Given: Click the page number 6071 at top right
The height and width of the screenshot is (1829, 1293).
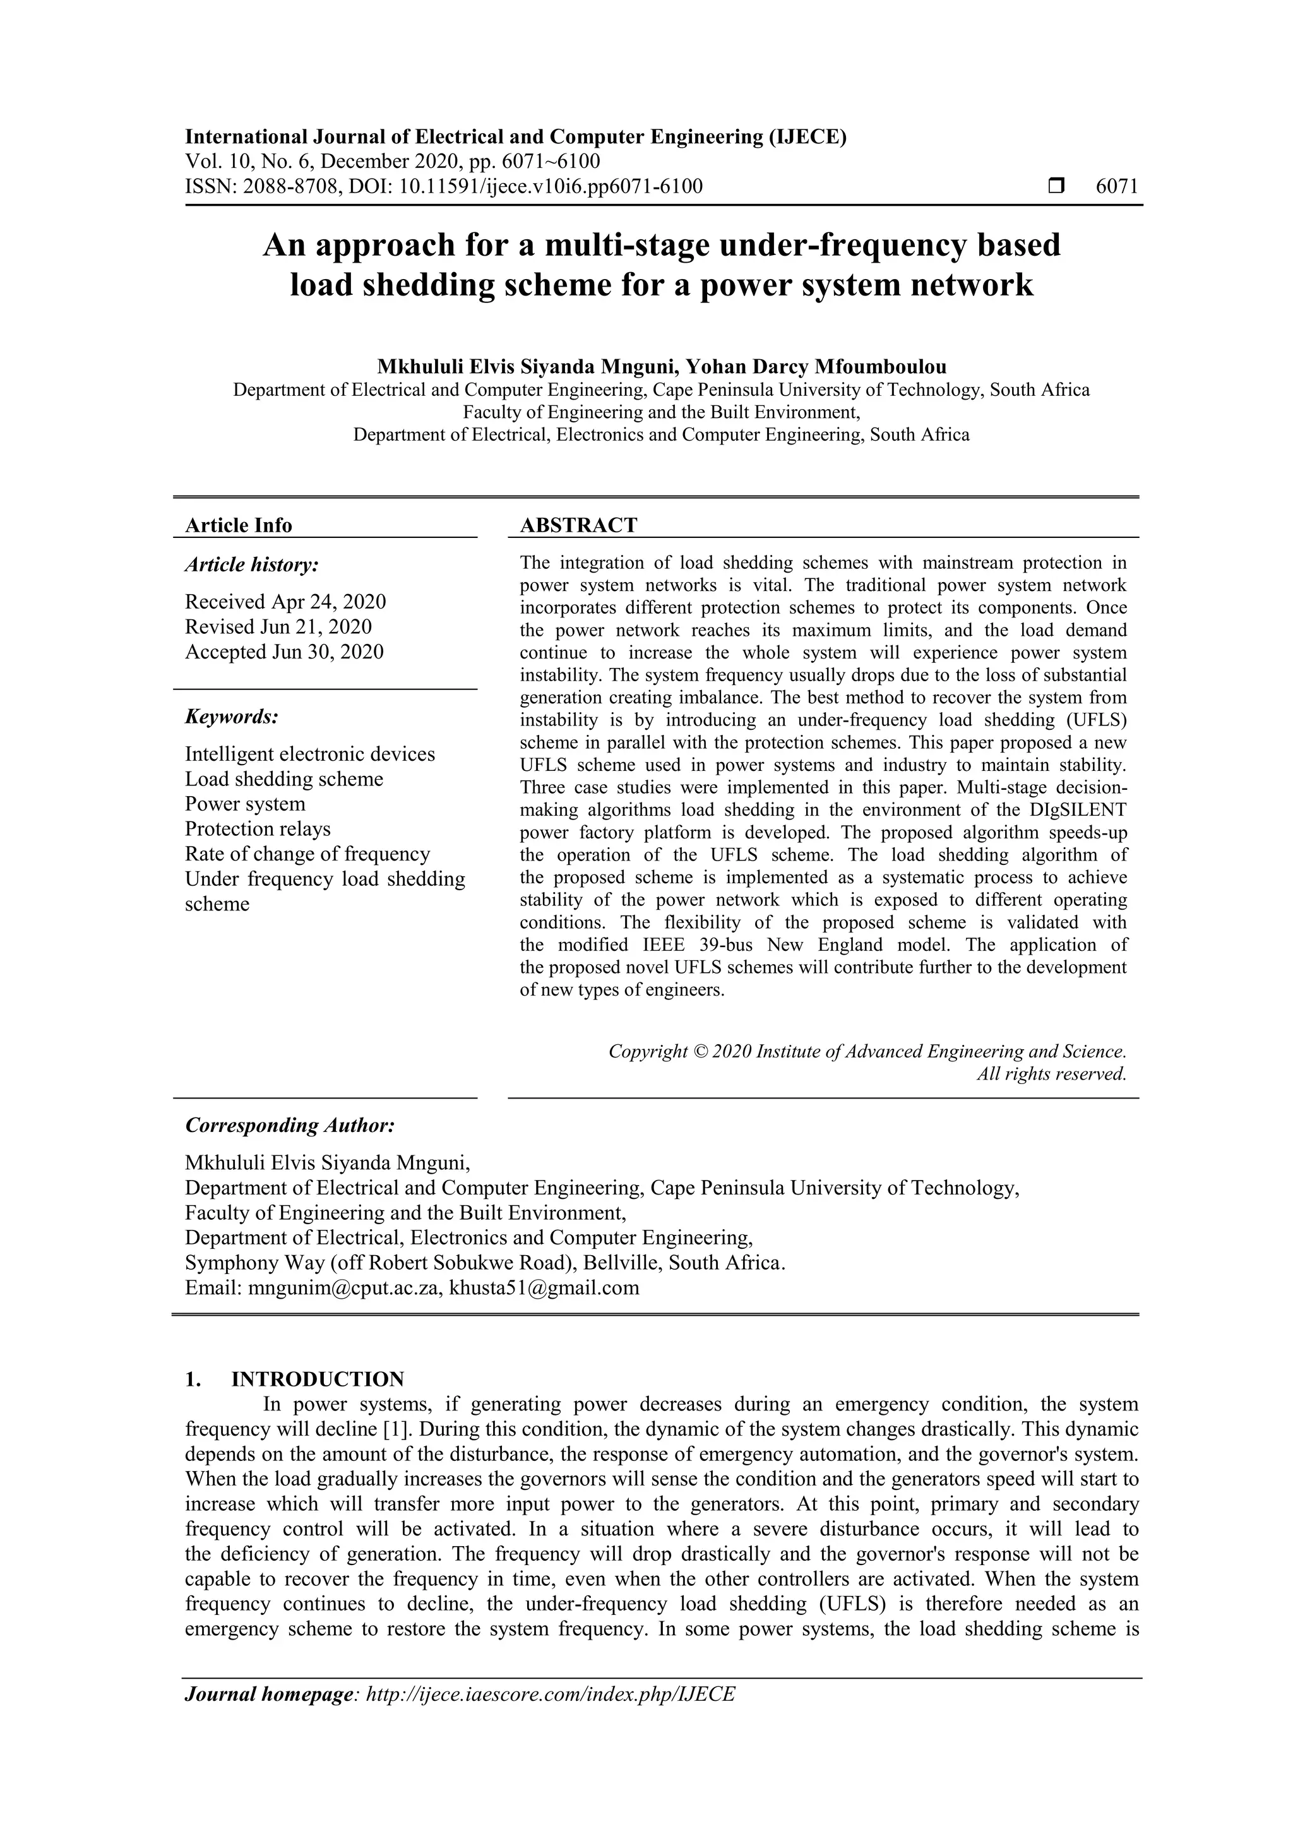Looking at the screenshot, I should coord(1116,186).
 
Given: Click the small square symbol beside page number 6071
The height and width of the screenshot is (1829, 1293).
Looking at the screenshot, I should coord(1056,186).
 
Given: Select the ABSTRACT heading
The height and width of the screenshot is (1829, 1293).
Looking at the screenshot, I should coord(578,525).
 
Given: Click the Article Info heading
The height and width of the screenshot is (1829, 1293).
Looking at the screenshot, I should coord(238,525).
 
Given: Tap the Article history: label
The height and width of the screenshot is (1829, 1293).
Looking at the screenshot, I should coord(252,565).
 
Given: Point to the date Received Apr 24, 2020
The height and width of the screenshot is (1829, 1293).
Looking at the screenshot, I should coord(285,602).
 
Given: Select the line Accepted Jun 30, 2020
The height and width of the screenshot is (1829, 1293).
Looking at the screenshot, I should coord(283,652).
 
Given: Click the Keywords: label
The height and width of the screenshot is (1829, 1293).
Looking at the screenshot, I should coord(232,716).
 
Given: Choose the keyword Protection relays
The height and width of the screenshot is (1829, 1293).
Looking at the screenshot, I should coord(258,828).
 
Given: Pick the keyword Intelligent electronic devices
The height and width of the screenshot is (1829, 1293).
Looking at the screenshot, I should coord(310,754).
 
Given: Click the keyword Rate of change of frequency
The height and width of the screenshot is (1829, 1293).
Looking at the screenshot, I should coord(307,854).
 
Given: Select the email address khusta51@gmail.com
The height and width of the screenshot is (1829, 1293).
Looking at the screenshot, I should coord(544,1287).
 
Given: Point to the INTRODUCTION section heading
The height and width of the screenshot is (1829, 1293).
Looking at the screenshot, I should coord(317,1379).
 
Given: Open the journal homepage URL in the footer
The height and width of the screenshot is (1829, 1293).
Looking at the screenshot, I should coord(550,1694).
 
